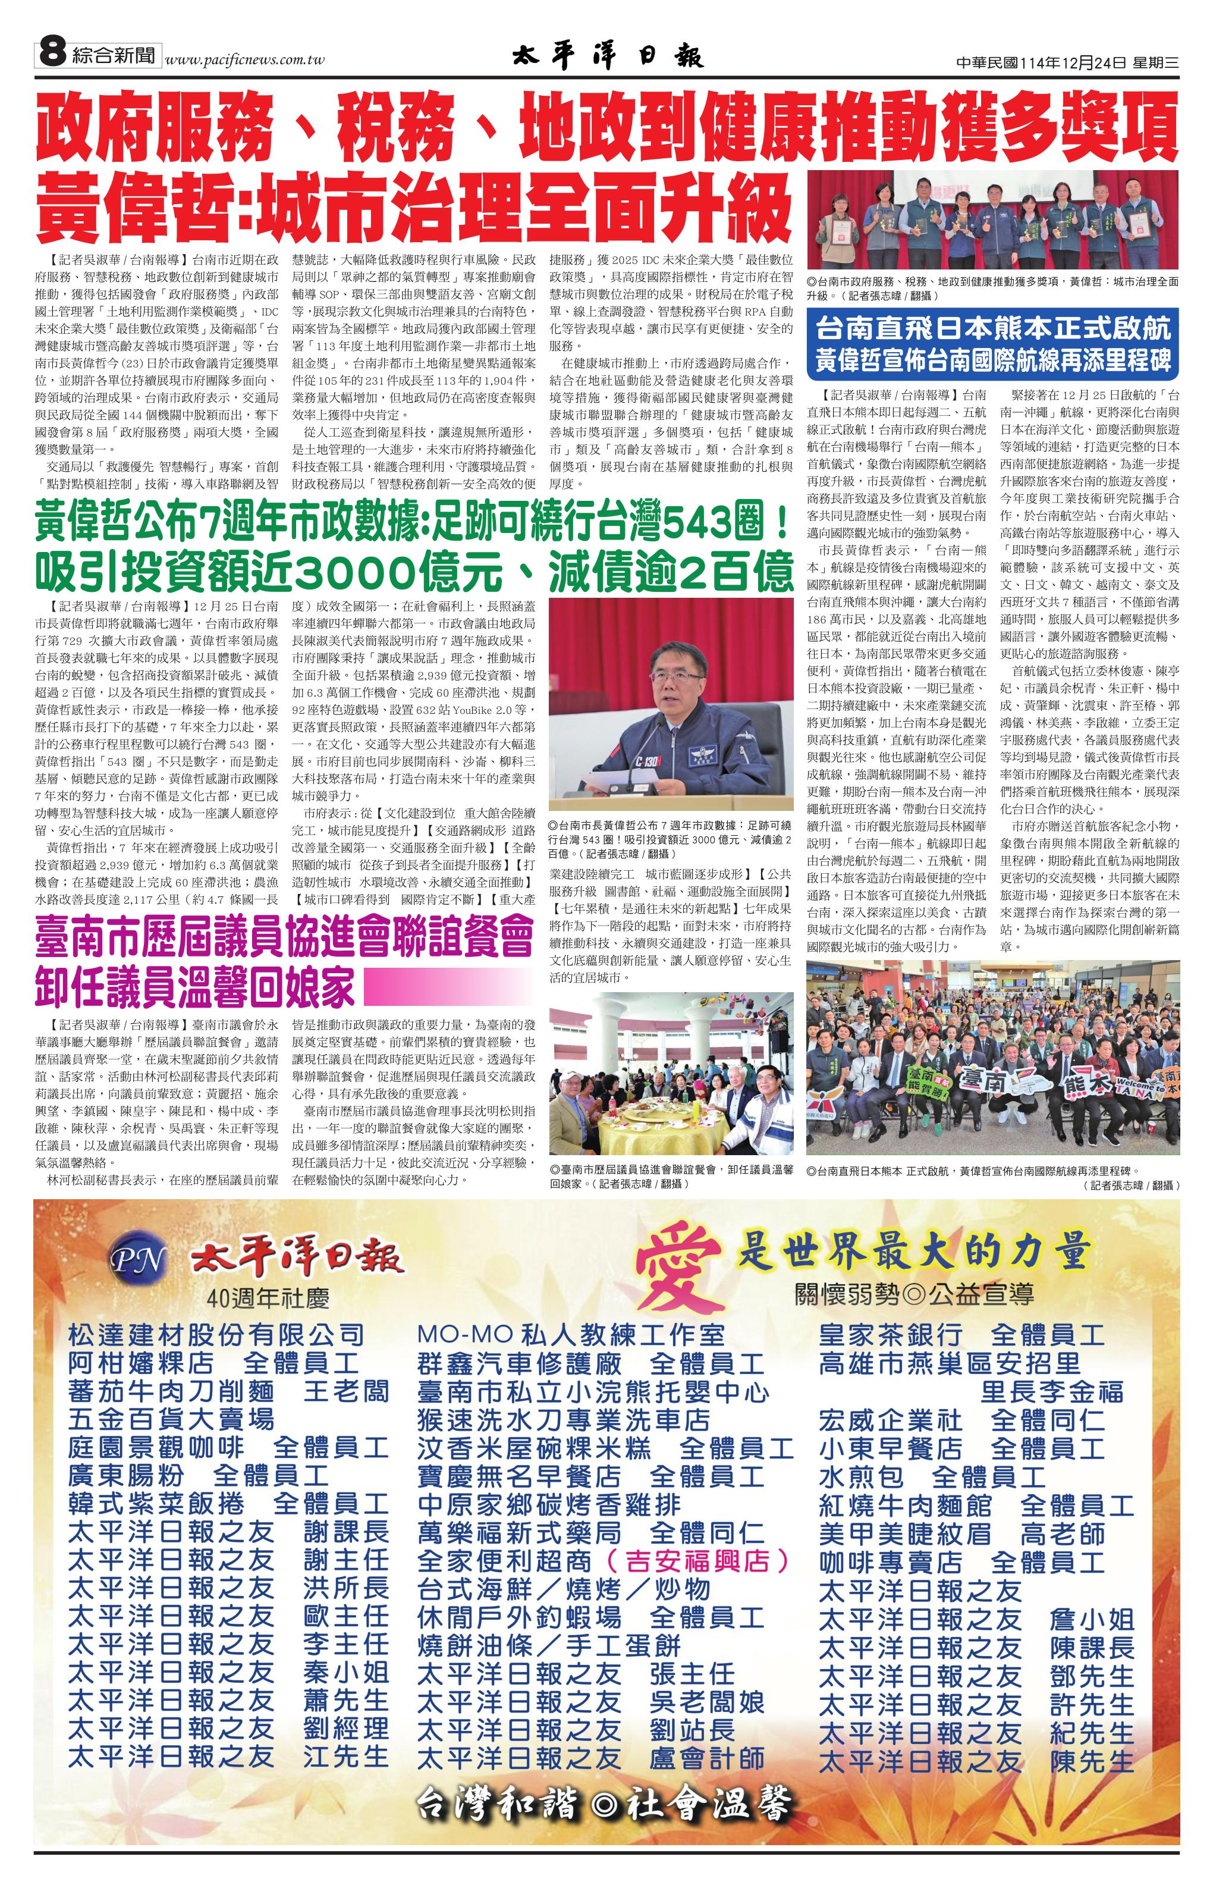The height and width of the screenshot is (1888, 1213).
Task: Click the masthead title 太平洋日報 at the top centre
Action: point(607,57)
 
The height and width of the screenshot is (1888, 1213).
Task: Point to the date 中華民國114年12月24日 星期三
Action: point(1067,64)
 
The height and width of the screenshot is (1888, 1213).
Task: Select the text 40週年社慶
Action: point(268,1297)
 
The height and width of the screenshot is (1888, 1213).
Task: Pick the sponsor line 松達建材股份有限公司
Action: point(216,1335)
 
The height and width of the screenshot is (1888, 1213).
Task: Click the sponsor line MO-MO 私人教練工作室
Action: point(570,1335)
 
